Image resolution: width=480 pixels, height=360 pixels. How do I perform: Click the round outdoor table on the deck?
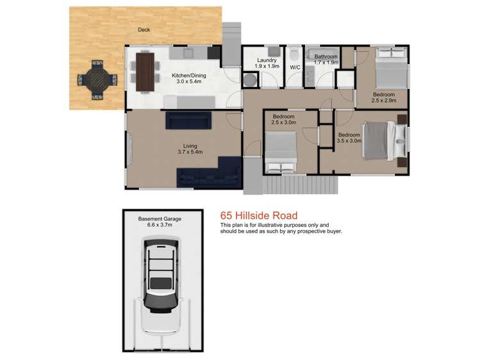tap(97, 80)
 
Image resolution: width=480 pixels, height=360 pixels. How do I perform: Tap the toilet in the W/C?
tap(294, 54)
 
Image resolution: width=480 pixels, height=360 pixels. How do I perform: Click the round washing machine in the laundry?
tap(251, 79)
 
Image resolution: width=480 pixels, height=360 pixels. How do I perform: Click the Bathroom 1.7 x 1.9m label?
tap(326, 60)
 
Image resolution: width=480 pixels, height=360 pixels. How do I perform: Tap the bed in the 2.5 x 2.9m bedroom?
tap(390, 69)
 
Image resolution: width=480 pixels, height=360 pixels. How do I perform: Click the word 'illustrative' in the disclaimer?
tap(269, 225)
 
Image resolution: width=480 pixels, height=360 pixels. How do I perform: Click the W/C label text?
tap(295, 67)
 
